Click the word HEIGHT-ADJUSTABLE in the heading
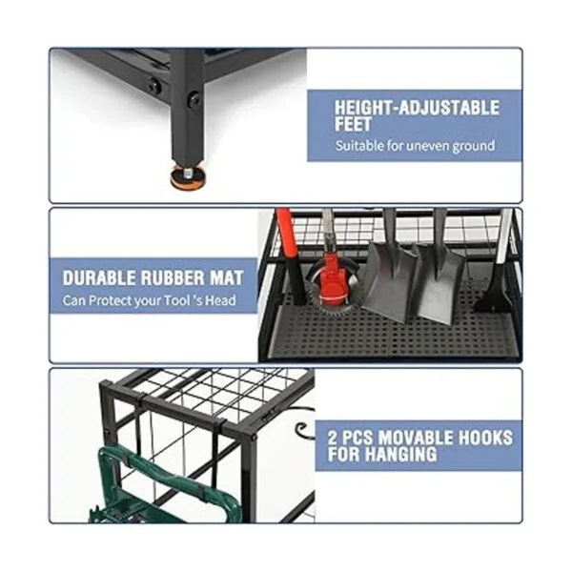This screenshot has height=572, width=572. point(417,108)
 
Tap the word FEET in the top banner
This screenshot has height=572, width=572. point(353,124)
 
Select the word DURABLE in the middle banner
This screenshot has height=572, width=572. point(99,278)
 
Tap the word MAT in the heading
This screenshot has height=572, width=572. point(226,278)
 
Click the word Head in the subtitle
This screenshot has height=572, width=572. point(220,301)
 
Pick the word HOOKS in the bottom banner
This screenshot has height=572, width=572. point(485,438)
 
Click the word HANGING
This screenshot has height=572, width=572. point(400,454)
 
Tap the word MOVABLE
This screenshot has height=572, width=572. point(417,438)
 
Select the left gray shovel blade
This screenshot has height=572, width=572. point(389,280)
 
